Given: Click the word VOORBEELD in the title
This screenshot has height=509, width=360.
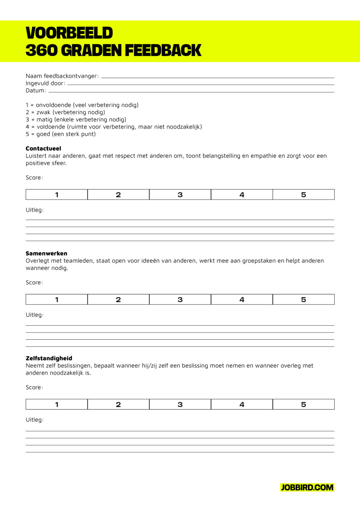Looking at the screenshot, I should point(69,33).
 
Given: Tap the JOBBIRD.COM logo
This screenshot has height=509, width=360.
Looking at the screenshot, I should point(307,487).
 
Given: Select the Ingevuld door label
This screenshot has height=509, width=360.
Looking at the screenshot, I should point(45,83).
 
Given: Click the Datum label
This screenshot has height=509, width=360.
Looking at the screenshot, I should point(36,90).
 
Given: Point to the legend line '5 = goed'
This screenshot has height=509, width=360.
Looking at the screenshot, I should point(61,134).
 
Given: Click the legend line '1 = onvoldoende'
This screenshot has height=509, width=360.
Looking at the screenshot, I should point(82,105).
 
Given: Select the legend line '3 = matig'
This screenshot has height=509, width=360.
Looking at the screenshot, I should point(76,119).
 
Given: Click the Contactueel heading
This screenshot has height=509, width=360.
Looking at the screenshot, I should point(43,148).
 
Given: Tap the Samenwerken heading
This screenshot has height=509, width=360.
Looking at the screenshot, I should point(46,254).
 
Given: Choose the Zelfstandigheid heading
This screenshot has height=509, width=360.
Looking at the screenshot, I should point(49,358).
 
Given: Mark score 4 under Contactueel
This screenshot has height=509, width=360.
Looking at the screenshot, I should point(242,195).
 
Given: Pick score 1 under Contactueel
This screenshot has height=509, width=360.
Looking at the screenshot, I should point(57,195).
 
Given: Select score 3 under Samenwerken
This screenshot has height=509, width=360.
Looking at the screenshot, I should point(180,300).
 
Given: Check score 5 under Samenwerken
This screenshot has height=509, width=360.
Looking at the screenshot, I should point(303,300).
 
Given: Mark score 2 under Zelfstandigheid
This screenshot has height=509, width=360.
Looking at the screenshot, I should point(118,404).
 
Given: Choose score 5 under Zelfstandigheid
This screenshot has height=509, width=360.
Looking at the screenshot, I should point(303,404).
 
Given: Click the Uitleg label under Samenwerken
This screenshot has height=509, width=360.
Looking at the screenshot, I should point(34,315).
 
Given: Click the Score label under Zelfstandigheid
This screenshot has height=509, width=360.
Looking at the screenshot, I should point(34,387).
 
